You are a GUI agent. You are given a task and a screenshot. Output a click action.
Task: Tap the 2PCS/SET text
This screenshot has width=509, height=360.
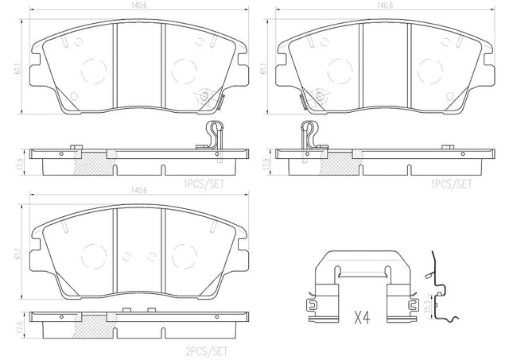tap(206, 351)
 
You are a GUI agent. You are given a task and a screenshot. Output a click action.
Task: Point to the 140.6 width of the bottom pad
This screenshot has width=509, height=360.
tap(139, 191)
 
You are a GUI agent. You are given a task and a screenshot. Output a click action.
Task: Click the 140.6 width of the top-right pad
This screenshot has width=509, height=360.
tap(385, 6)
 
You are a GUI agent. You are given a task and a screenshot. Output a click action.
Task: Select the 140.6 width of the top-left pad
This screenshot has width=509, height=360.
tap(139, 6)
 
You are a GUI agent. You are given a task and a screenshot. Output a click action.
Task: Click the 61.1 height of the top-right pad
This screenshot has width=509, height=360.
tap(262, 68)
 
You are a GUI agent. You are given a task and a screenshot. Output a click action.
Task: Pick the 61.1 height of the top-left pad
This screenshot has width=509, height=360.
tap(16, 68)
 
